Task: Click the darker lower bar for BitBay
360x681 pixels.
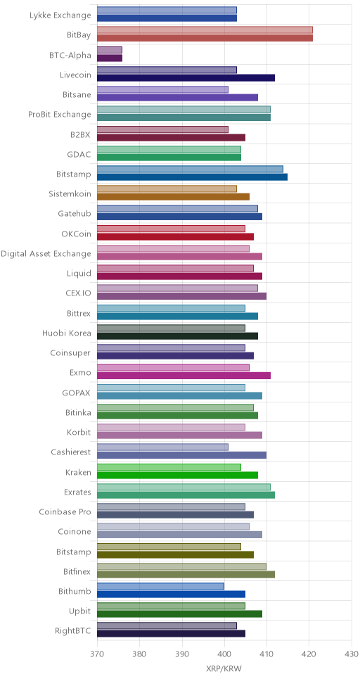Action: point(205,38)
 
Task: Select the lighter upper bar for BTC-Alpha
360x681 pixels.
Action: point(110,50)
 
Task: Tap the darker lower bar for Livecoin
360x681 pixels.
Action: point(186,78)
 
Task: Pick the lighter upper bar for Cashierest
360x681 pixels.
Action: point(162,447)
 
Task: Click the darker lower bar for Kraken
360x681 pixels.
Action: point(177,475)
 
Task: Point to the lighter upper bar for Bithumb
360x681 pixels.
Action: point(160,586)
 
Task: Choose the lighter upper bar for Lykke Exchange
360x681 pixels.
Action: point(167,10)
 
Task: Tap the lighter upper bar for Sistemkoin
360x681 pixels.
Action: point(167,189)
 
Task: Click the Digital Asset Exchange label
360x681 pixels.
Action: point(46,254)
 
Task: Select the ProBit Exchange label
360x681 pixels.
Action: point(60,115)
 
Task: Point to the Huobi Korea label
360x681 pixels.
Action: point(67,333)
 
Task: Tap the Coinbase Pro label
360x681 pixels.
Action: point(65,512)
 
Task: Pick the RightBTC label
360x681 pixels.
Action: point(73,631)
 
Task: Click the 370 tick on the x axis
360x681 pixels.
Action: point(97,654)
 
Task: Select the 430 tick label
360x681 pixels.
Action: point(352,654)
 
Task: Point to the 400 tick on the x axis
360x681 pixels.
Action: point(224,654)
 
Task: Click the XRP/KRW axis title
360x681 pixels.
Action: point(224,669)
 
